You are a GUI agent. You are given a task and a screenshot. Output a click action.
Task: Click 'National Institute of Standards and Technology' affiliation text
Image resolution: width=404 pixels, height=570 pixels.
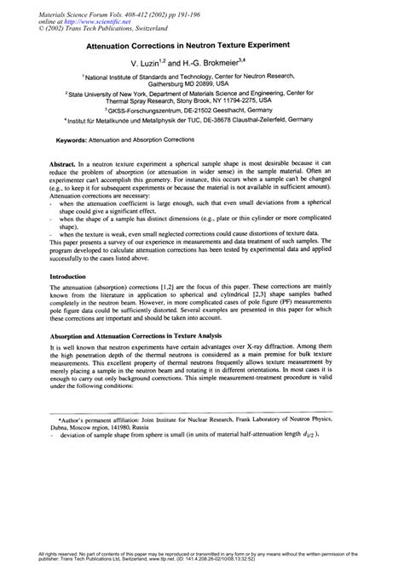point(163,77)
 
